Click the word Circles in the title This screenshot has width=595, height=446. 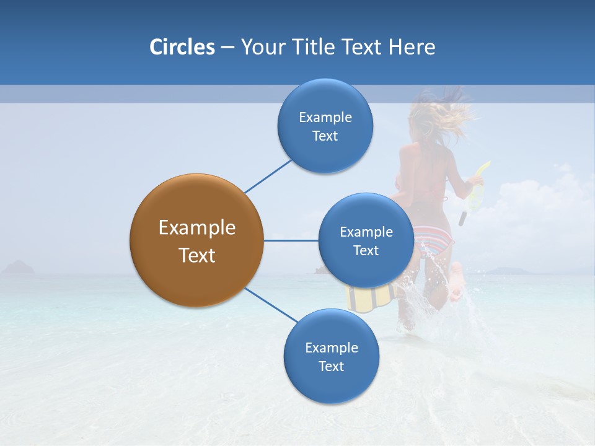[x=182, y=47]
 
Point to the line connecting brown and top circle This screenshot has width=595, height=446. [x=268, y=176]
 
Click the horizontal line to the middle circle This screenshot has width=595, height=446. [x=291, y=240]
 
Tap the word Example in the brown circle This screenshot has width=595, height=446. [x=197, y=228]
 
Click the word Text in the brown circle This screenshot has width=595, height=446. [x=197, y=255]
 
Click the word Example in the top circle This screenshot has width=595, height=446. [x=325, y=118]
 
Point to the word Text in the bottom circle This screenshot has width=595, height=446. [x=331, y=366]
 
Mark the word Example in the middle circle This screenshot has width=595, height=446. [x=366, y=232]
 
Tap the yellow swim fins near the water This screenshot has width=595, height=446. [x=371, y=298]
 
